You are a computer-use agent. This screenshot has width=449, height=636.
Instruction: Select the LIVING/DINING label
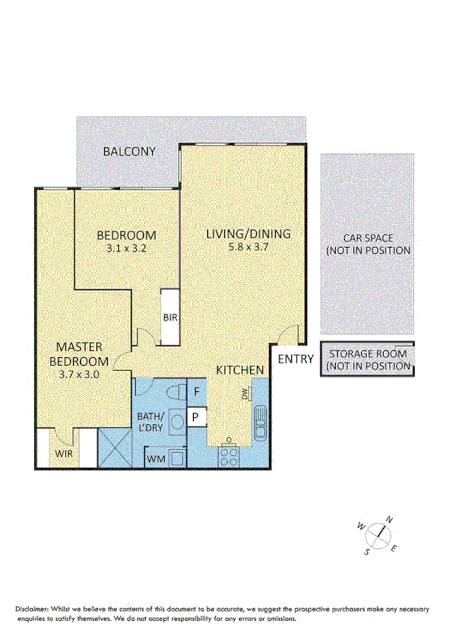click(x=248, y=234)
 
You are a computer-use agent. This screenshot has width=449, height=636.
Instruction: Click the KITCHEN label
click(x=240, y=370)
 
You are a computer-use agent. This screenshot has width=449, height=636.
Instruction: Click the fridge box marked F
click(x=197, y=391)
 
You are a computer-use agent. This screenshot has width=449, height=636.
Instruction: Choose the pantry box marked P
click(x=197, y=416)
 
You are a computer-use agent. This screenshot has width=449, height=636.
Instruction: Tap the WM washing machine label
click(x=155, y=459)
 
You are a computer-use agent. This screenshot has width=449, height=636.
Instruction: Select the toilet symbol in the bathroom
click(x=174, y=391)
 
